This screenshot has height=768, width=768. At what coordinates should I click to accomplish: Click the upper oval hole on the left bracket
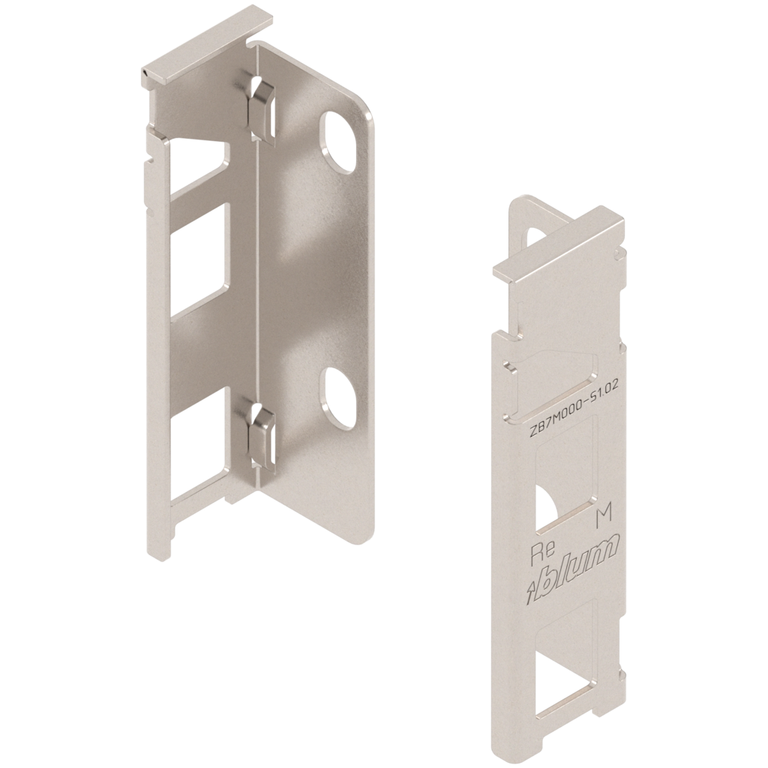coord(338,142)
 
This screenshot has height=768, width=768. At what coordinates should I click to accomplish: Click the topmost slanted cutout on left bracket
coord(198,166)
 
